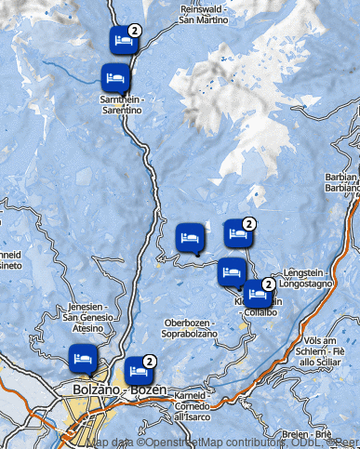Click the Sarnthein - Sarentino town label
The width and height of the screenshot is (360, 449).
click(x=122, y=104)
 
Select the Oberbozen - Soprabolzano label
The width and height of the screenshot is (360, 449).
click(x=188, y=327)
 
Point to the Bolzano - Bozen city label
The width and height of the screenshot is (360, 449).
click(x=113, y=390)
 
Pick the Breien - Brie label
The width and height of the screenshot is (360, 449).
click(x=311, y=434)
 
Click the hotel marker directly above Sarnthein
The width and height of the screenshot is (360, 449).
click(x=115, y=77)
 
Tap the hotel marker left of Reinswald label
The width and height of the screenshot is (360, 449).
click(x=123, y=40)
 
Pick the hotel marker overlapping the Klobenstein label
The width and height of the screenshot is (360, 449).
click(x=256, y=294)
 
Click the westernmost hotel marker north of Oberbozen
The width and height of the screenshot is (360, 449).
click(x=190, y=237)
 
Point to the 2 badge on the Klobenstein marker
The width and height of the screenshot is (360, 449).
click(x=268, y=284)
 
